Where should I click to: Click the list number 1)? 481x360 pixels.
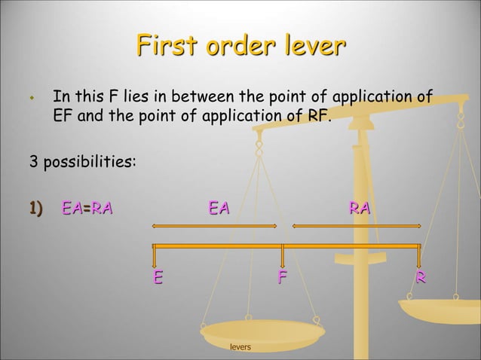point(37,207)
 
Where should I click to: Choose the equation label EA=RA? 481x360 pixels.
point(87,207)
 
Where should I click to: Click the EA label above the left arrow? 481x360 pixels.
point(219,207)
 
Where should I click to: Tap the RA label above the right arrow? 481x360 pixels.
point(359,207)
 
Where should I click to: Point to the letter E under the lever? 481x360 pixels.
point(158,278)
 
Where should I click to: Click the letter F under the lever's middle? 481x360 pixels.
point(282,278)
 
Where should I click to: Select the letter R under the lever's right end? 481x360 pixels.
point(421,278)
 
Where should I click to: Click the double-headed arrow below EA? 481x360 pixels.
point(215,225)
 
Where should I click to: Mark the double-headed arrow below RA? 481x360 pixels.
point(355,225)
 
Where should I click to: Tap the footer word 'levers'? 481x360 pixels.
point(240,347)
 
